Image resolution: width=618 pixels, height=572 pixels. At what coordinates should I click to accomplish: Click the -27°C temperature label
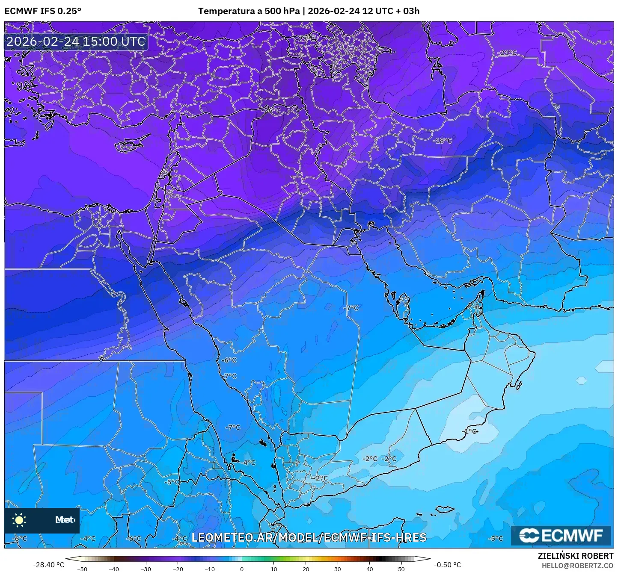[x=306, y=39]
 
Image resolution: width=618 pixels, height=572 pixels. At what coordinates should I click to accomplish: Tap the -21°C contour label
[x=507, y=53]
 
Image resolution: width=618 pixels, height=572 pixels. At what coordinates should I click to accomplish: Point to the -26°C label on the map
[x=271, y=110]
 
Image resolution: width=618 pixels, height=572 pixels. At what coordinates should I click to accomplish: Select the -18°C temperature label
[x=442, y=141]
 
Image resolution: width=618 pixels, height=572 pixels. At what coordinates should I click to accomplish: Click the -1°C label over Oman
[x=469, y=431]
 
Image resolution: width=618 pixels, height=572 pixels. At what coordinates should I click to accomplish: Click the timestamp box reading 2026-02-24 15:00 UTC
[x=76, y=41]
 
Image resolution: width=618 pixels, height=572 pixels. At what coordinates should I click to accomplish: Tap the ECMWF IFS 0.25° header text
[x=43, y=11]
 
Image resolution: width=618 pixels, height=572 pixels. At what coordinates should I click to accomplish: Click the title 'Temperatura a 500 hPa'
[x=249, y=11]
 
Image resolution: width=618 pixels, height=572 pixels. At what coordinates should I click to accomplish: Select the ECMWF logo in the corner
[x=561, y=535]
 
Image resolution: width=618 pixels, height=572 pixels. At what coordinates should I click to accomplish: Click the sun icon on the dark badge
[x=19, y=520]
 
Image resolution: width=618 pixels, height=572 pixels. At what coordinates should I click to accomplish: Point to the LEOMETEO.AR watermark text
[x=309, y=537]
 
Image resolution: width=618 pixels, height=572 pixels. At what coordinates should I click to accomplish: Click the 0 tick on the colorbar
[x=242, y=569]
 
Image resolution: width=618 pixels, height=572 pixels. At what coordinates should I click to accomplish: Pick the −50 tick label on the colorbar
[x=82, y=569]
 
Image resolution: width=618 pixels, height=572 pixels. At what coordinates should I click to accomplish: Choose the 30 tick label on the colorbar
[x=338, y=569]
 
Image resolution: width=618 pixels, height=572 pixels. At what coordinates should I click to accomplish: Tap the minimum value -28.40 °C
[x=48, y=565]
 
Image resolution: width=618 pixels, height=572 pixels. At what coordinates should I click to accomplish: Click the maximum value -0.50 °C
[x=448, y=565]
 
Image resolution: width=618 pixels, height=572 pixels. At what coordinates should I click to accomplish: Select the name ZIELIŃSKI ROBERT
[x=576, y=556]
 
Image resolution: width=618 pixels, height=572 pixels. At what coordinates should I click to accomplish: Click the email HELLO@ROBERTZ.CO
[x=577, y=565]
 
